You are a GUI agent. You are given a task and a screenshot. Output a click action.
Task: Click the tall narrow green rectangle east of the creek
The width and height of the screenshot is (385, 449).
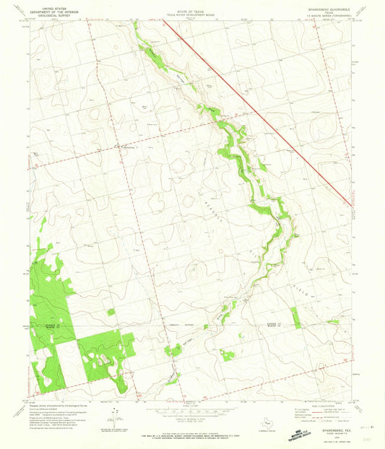[x=295, y=318]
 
